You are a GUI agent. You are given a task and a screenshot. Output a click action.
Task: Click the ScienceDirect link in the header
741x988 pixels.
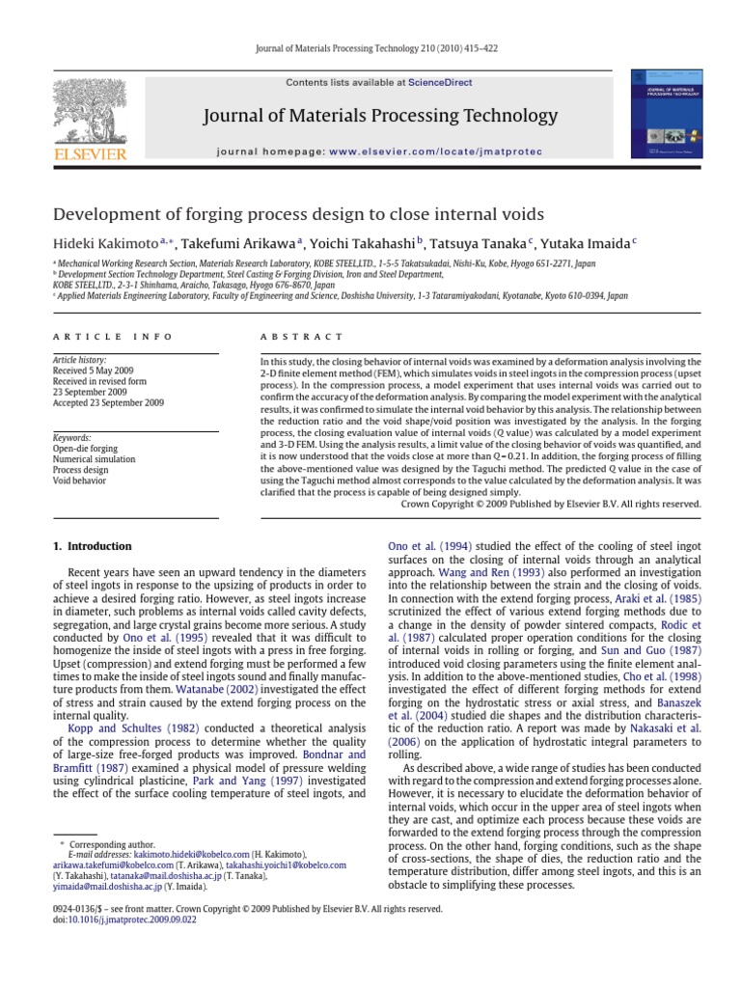pos(440,83)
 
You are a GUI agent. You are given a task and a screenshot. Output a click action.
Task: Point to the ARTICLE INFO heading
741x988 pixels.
pos(112,337)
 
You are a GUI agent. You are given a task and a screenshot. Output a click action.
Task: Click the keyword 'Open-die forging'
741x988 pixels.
pos(81,449)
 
